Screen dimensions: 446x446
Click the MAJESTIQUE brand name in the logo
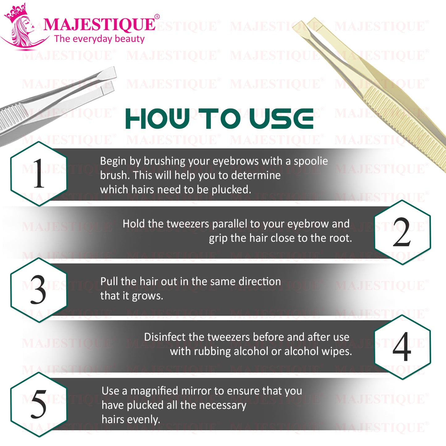coord(99,25)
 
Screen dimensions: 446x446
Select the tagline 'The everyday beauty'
coord(99,39)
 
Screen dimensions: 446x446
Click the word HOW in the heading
coord(157,119)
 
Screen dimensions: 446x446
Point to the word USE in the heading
coord(281,119)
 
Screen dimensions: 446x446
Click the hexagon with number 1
coord(39,173)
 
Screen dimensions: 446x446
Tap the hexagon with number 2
coord(402,232)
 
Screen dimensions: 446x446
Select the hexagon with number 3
coord(39,290)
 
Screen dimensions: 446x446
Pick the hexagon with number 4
coord(402,347)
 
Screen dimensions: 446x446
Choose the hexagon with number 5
coord(39,404)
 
